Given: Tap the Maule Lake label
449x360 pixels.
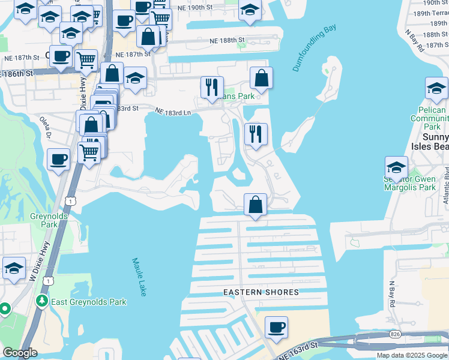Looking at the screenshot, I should coord(139,277).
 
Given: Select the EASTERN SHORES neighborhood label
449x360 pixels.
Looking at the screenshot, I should coord(261,292).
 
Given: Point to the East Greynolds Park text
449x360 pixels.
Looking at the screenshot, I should coord(88,302).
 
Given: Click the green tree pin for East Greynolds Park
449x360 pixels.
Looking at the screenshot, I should coord(43,300).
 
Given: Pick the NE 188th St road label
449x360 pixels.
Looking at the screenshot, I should coord(228,40).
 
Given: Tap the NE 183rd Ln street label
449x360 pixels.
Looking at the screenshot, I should coord(173,112).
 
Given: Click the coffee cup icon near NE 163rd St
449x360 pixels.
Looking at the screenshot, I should coord(276,328).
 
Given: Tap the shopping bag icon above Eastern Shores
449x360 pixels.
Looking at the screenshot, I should coord(256,205).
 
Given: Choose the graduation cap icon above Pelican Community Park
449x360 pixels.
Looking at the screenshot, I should coord(436,89).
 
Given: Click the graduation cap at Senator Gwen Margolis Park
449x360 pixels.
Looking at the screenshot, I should coord(396,167).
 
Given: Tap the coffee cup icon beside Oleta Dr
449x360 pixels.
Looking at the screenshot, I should coord(59,160).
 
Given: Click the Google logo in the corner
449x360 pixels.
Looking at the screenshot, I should coord(20,353).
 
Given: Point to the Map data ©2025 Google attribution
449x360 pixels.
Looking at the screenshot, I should coord(411,355).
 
